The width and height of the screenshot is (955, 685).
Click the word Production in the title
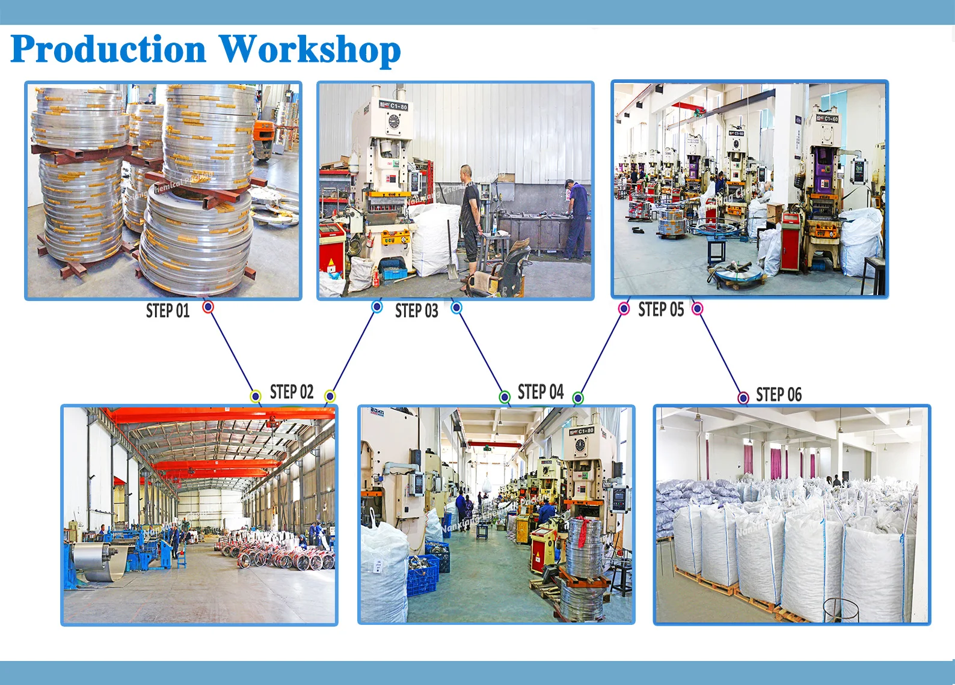[x=108, y=49]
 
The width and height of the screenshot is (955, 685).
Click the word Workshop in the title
[x=309, y=49]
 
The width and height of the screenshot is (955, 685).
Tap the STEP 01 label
[x=168, y=311]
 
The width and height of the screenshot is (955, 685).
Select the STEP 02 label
[x=292, y=392]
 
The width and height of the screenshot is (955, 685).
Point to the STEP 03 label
[x=416, y=311]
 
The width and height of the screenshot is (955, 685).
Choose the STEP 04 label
[x=540, y=392]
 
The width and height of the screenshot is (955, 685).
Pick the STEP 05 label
[x=661, y=309]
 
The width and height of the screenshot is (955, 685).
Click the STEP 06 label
[x=779, y=395]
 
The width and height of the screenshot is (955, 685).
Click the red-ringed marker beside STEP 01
[x=208, y=307]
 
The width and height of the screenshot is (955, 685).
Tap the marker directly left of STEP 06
[x=743, y=397]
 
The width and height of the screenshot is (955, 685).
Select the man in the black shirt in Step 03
[x=470, y=216]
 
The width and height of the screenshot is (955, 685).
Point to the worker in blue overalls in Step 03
[x=576, y=219]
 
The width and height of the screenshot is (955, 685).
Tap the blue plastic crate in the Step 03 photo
[x=394, y=274]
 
